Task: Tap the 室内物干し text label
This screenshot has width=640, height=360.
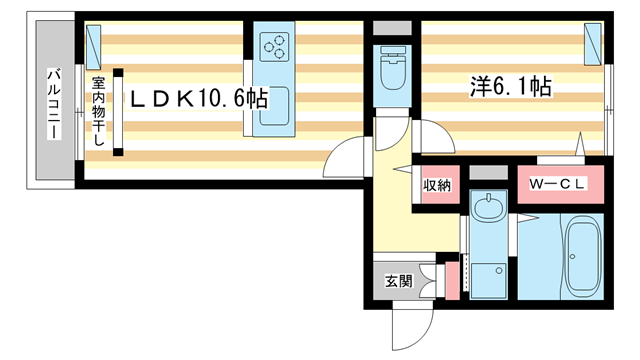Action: pos(99,110)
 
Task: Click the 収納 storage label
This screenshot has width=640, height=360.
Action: pos(437,184)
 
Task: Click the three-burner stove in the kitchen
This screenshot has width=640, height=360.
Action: pos(274,46)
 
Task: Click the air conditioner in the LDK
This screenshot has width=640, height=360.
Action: pos(95,41)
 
